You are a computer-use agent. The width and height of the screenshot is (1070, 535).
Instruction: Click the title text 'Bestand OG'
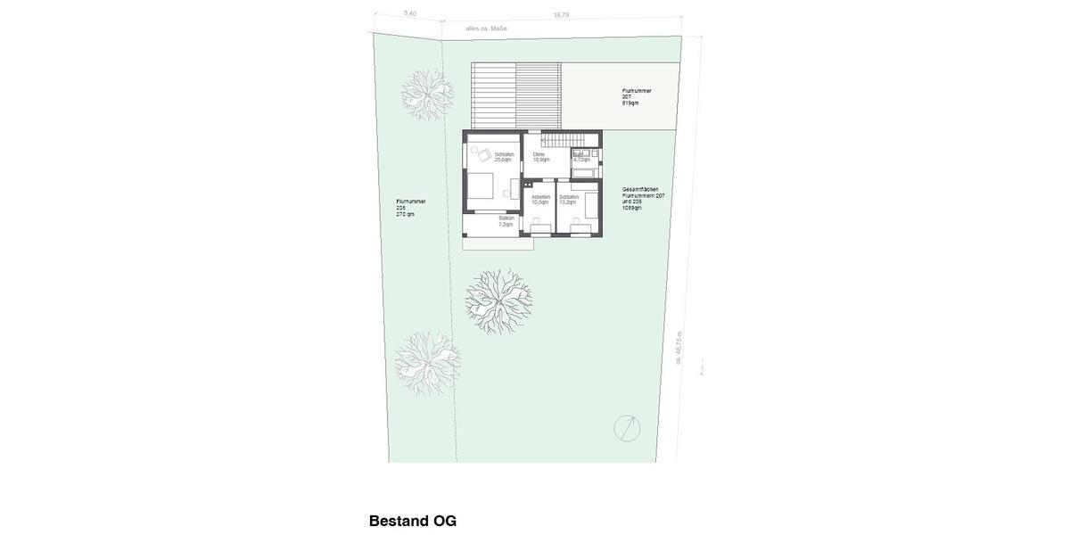413,521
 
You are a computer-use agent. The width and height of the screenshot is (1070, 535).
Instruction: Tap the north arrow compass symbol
627,428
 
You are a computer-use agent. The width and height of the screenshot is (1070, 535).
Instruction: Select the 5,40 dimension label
410,13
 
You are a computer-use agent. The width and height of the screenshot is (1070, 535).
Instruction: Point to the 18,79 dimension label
561,15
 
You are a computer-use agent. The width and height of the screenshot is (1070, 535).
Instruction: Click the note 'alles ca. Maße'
486,29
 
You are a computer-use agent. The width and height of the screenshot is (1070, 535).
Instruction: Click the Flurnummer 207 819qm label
637,96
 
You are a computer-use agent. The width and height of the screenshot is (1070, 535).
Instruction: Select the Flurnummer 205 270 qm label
410,208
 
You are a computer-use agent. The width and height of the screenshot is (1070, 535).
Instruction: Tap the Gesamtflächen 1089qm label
643,198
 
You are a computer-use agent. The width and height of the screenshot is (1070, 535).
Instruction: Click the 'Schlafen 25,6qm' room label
504,157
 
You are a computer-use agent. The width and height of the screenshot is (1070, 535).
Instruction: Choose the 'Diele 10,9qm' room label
540,157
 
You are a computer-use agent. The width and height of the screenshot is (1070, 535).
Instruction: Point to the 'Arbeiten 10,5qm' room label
540,200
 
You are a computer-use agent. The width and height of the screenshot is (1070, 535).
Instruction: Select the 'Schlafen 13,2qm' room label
568,200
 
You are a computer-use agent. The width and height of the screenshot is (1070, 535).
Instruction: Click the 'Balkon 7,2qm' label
506,221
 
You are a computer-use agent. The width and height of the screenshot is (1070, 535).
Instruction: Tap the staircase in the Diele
562,140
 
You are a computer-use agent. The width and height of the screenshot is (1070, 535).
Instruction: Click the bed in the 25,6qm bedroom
480,186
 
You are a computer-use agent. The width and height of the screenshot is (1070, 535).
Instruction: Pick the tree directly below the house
498,301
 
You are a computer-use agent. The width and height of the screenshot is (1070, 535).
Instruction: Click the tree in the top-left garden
425,94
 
